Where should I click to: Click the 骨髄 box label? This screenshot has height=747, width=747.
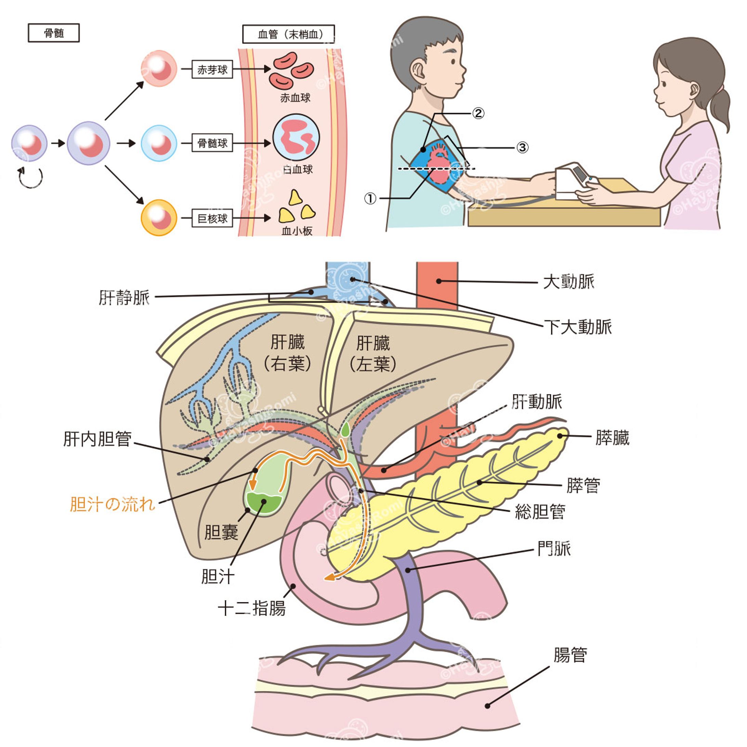pyautogui.click(x=54, y=33)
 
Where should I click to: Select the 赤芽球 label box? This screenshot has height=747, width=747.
pyautogui.click(x=212, y=69)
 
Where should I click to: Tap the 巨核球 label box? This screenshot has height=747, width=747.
pyautogui.click(x=212, y=219)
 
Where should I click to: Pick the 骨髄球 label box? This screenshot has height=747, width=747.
pyautogui.click(x=212, y=143)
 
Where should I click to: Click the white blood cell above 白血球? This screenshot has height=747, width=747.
pyautogui.click(x=296, y=137)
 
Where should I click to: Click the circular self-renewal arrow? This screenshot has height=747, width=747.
pyautogui.click(x=30, y=178)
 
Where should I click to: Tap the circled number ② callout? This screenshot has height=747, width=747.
pyautogui.click(x=478, y=113)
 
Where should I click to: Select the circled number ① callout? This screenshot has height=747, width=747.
pyautogui.click(x=370, y=199)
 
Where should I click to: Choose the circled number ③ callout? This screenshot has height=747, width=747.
pyautogui.click(x=522, y=147)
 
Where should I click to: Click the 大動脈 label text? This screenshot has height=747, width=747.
pyautogui.click(x=568, y=282)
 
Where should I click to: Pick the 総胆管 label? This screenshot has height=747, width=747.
pyautogui.click(x=540, y=512)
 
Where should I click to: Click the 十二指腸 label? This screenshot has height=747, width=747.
pyautogui.click(x=252, y=608)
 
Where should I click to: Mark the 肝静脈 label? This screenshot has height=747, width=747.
pyautogui.click(x=124, y=298)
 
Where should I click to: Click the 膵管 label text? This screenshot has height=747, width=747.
pyautogui.click(x=583, y=486)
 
